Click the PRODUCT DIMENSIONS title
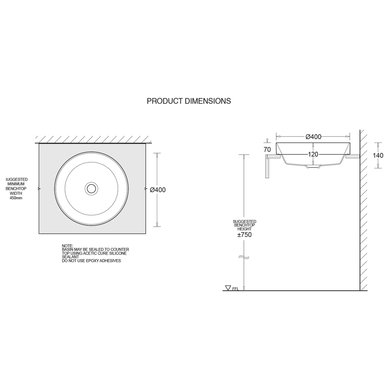pos(189,101)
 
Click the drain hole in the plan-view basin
pos(91,188)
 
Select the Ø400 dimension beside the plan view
pos(158,190)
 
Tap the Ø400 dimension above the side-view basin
pos(313,137)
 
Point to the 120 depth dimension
pos(313,155)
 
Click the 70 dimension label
pos(267,149)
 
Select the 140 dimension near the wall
pos(378,156)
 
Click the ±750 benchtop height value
pos(244,235)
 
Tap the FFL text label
pos(236,289)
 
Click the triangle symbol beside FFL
pos(228,288)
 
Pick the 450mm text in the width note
pos(16,198)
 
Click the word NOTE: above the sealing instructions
pos(67,246)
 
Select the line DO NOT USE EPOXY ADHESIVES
pos(91,261)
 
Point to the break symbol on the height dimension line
pos(244,258)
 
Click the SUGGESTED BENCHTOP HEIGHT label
pos(244,225)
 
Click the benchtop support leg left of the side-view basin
pos(267,167)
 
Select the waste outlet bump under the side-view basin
pos(313,167)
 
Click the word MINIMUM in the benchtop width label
pos(16,184)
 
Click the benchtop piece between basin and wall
pos(353,156)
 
